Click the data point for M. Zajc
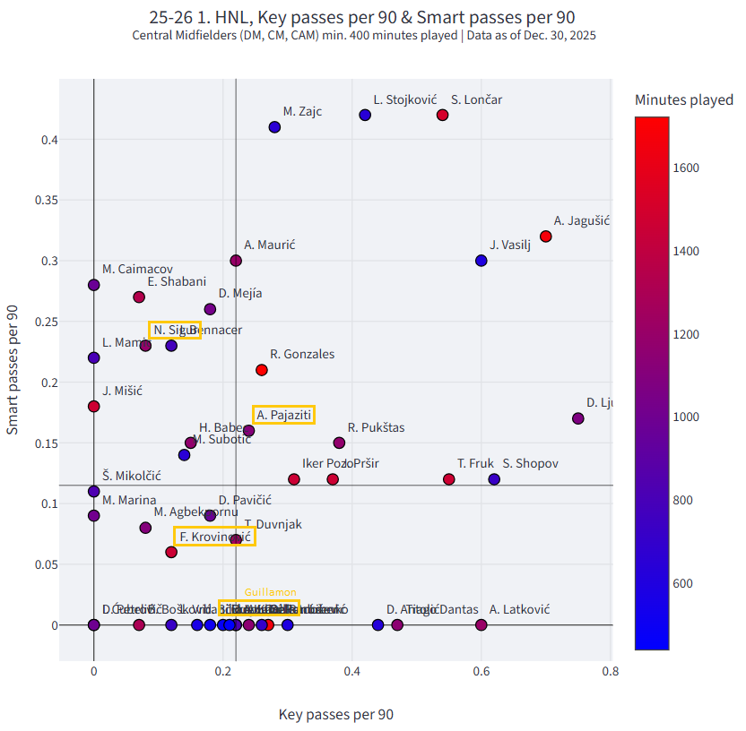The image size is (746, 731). (274, 127)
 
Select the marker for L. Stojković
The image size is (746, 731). (365, 115)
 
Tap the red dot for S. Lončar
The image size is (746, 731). (442, 115)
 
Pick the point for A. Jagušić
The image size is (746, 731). (546, 236)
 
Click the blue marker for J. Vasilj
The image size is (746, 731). (481, 261)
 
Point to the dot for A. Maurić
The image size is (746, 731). (236, 261)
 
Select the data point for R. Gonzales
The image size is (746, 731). (262, 370)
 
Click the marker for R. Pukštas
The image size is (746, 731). (339, 443)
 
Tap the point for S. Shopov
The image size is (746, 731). (494, 479)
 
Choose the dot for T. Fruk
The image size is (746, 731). (449, 479)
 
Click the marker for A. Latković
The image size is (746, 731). (481, 624)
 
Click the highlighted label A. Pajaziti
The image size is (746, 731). (283, 415)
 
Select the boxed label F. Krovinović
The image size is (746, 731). (214, 537)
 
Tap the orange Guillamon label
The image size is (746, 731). (270, 592)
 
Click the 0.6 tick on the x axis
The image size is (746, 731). (481, 670)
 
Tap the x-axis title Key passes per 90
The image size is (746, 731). (335, 714)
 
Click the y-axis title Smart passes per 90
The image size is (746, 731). (13, 370)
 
